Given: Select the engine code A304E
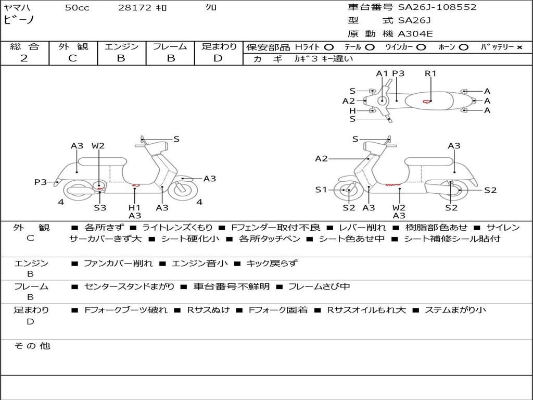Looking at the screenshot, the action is (415, 34).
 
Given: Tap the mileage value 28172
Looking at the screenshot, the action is (135, 8).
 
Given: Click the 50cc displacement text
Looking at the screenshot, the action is (77, 8).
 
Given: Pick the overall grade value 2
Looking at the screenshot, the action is (24, 58).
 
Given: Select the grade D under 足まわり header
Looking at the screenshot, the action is (218, 58).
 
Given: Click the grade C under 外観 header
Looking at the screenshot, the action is (72, 58).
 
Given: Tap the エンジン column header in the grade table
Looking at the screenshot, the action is (121, 47).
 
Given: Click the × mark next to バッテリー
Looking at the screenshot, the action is (519, 47).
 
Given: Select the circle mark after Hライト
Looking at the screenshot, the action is (328, 47).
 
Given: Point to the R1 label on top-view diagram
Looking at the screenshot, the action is (430, 73).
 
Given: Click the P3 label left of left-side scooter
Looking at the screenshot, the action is (41, 182).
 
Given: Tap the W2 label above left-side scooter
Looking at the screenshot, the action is (98, 146).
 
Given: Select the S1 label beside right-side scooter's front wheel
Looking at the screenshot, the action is (321, 190).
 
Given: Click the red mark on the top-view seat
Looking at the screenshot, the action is (427, 101).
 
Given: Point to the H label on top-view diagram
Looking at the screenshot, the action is (352, 110).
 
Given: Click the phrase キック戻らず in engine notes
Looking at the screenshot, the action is (272, 264).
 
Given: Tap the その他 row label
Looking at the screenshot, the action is (32, 346).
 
